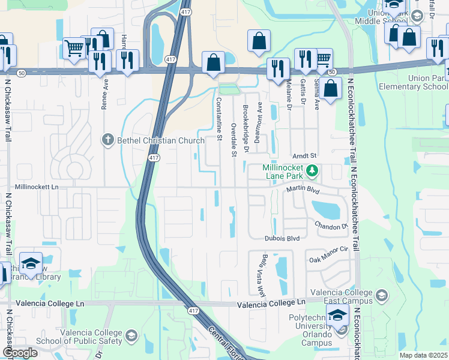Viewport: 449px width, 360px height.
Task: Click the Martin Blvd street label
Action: (x=301, y=190)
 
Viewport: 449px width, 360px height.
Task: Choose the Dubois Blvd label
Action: (x=282, y=238)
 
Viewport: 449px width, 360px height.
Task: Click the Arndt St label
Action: (x=304, y=155)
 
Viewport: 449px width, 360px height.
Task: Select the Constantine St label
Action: (x=219, y=116)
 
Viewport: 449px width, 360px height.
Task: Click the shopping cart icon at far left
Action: (x=74, y=48)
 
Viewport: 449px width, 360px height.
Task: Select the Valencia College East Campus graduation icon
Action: (x=381, y=295)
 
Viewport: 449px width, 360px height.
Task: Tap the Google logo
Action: (x=20, y=353)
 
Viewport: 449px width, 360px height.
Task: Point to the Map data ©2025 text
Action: (x=423, y=355)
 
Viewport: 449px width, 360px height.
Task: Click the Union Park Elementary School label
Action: (x=414, y=82)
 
